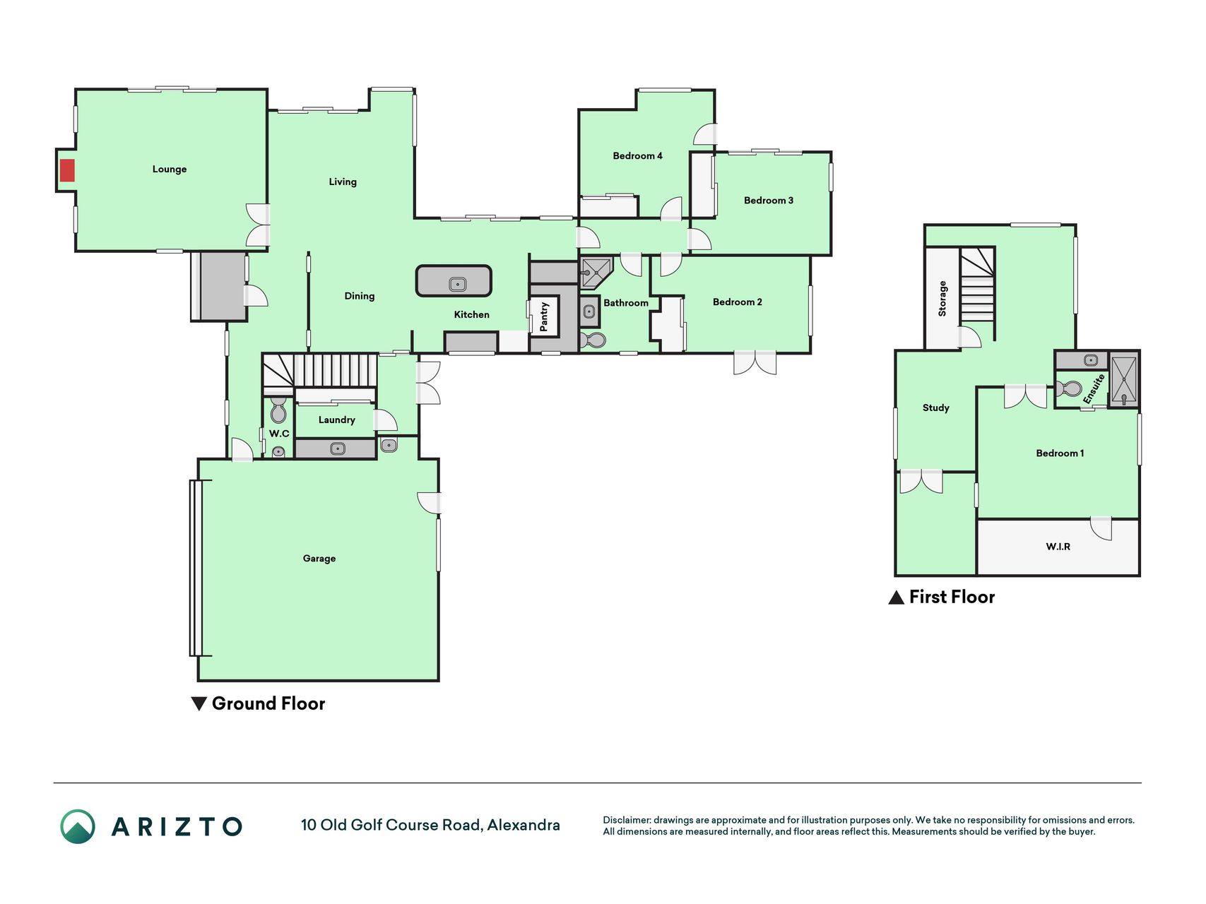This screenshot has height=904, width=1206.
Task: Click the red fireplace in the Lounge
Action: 67,170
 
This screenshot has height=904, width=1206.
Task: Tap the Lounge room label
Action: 170,169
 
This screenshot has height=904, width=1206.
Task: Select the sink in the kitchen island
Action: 458,285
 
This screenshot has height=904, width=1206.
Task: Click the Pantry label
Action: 544,316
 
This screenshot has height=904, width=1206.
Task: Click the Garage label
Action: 319,559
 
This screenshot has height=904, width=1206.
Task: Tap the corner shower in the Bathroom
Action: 595,273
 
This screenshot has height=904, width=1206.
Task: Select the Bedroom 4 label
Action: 637,156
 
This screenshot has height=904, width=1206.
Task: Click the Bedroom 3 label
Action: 769,201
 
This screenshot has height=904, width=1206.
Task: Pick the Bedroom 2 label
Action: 738,302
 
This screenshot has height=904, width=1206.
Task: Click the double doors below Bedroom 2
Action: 755,362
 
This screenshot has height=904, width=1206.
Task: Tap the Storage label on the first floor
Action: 942,298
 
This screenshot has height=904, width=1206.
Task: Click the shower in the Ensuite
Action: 1123,380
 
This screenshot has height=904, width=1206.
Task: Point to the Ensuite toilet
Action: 1070,388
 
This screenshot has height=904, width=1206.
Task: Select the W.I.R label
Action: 1058,547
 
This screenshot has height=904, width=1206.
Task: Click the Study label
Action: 936,408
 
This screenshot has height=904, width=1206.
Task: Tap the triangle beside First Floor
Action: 896,597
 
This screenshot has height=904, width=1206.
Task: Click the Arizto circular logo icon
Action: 78,826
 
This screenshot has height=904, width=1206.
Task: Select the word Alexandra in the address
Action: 524,825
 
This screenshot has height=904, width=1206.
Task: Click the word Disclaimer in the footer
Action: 627,820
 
